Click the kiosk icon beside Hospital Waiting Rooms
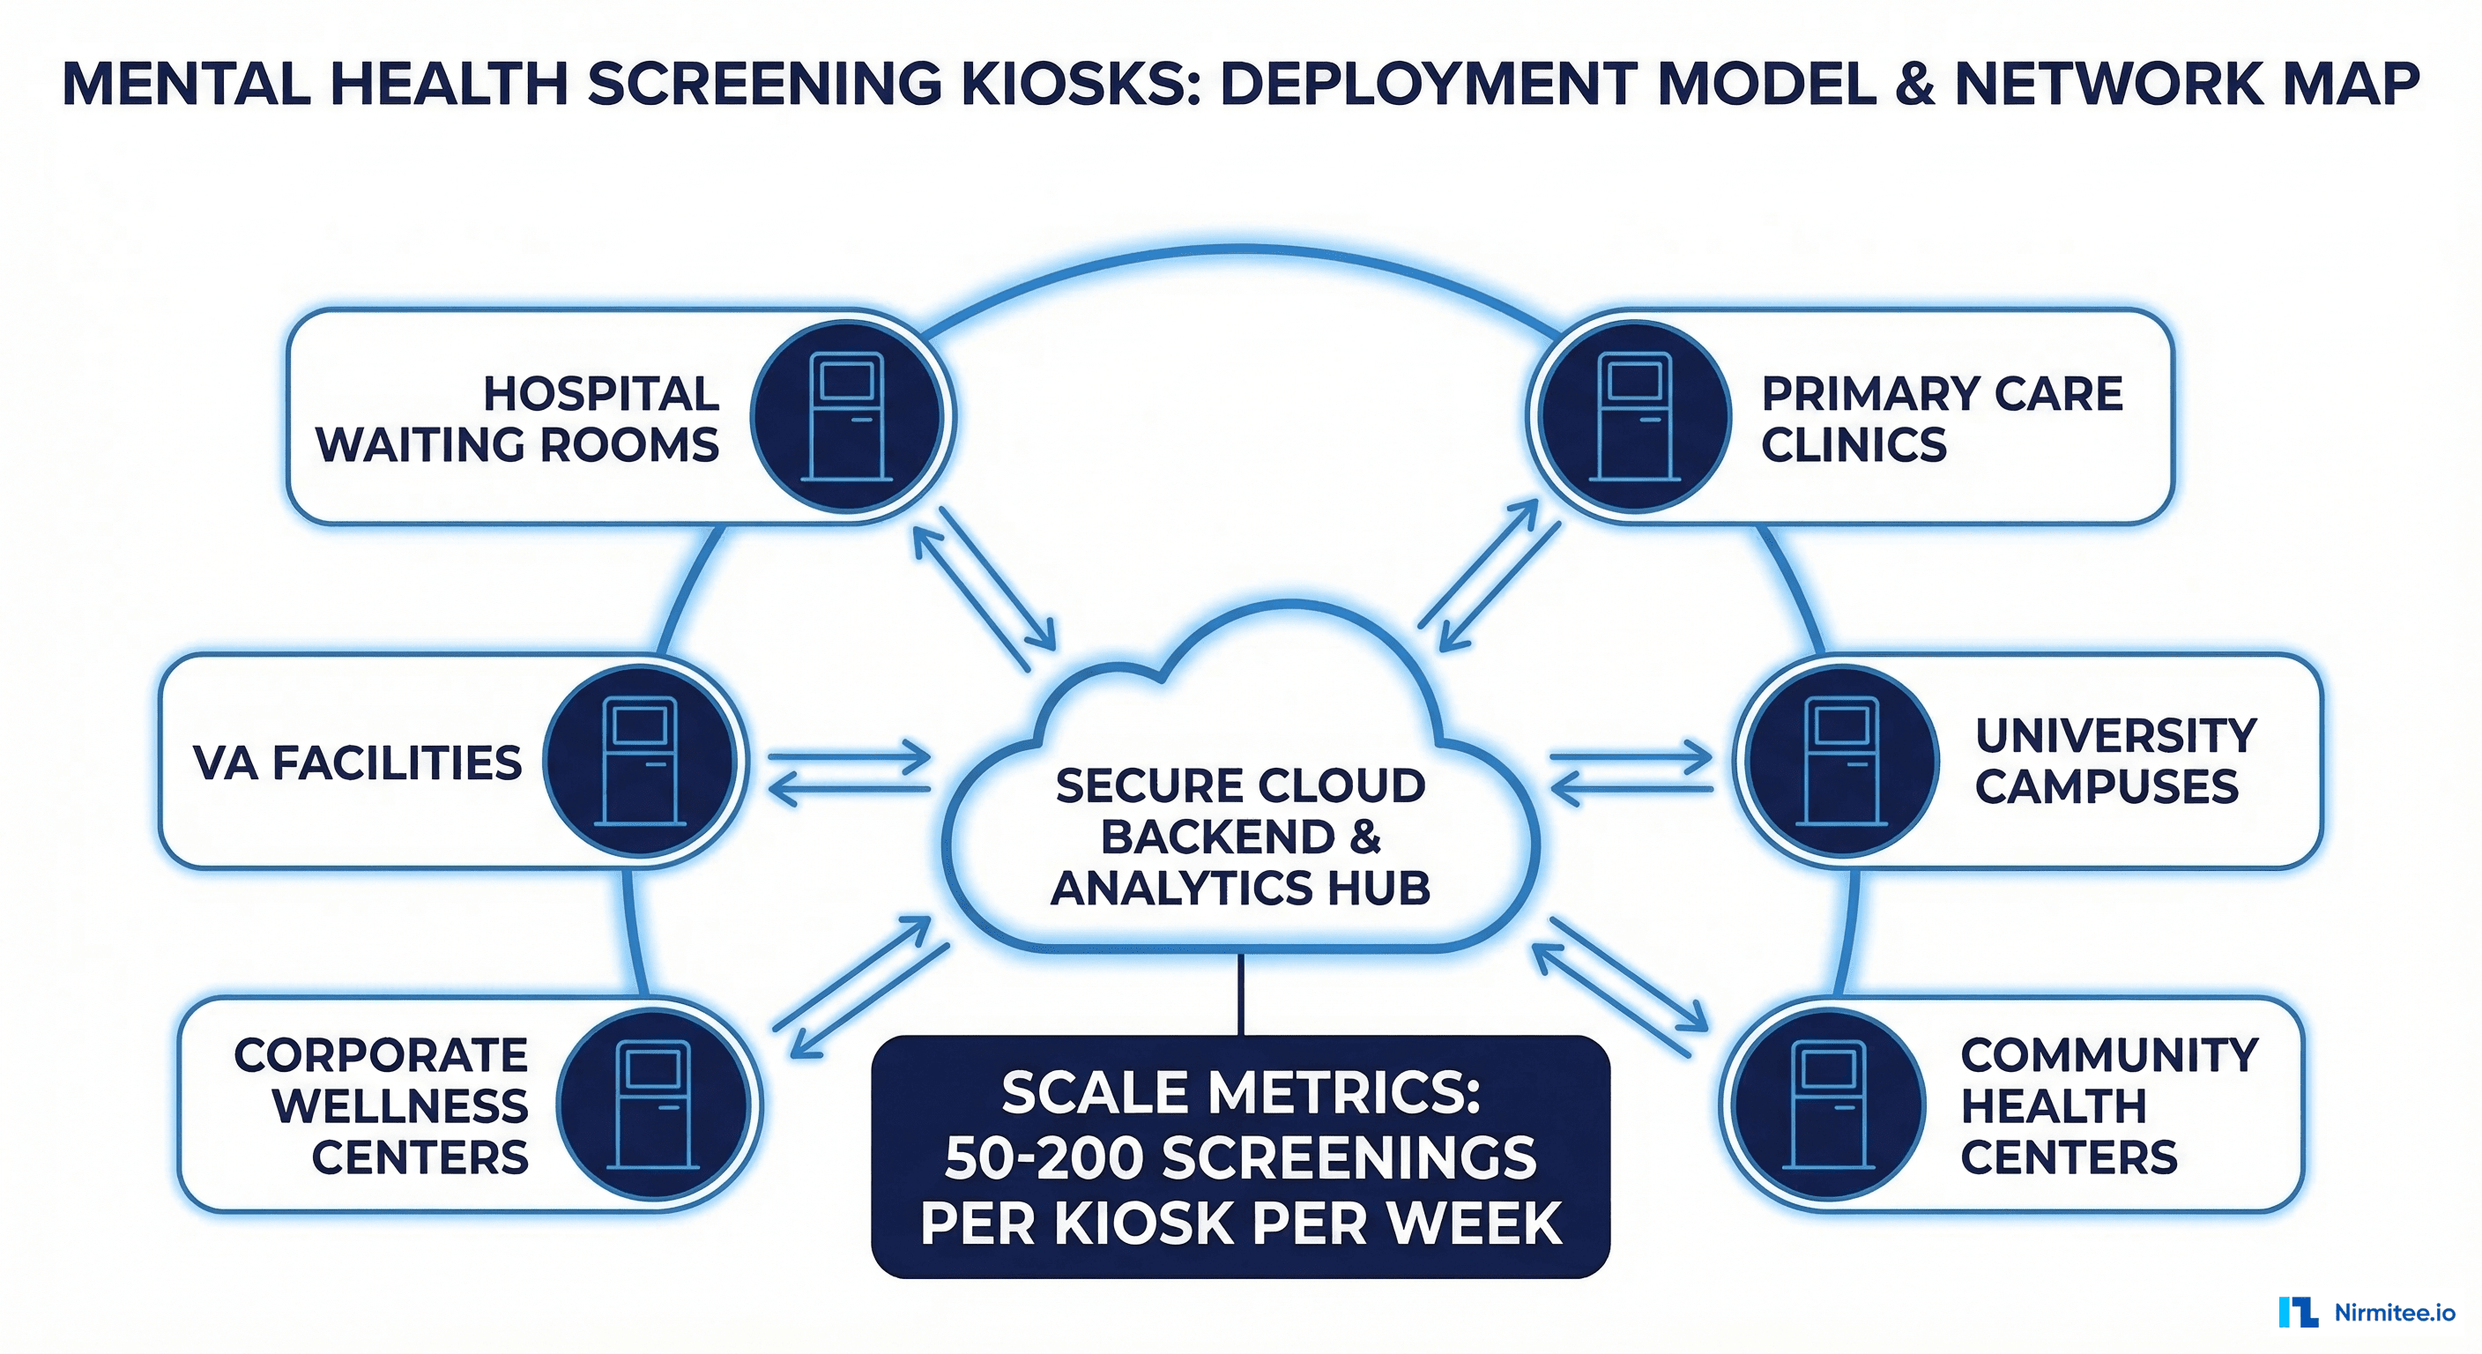coord(848,416)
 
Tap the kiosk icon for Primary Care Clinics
coord(1634,416)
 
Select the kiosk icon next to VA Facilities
coord(640,762)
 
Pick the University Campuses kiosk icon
coord(1842,762)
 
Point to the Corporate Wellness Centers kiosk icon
coord(654,1105)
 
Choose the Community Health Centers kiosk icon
coord(1828,1105)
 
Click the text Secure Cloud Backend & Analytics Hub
coord(1240,836)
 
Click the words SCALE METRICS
coord(1240,1093)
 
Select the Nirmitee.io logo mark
coord(2298,1312)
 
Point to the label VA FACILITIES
coord(358,763)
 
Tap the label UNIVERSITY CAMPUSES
coord(2115,762)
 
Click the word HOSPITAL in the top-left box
coord(601,393)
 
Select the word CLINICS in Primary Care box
coord(1854,444)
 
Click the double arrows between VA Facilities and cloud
coord(850,773)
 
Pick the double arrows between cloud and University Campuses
coord(1631,773)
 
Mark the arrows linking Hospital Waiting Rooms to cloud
coord(985,588)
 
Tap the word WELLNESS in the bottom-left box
coord(400,1105)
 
